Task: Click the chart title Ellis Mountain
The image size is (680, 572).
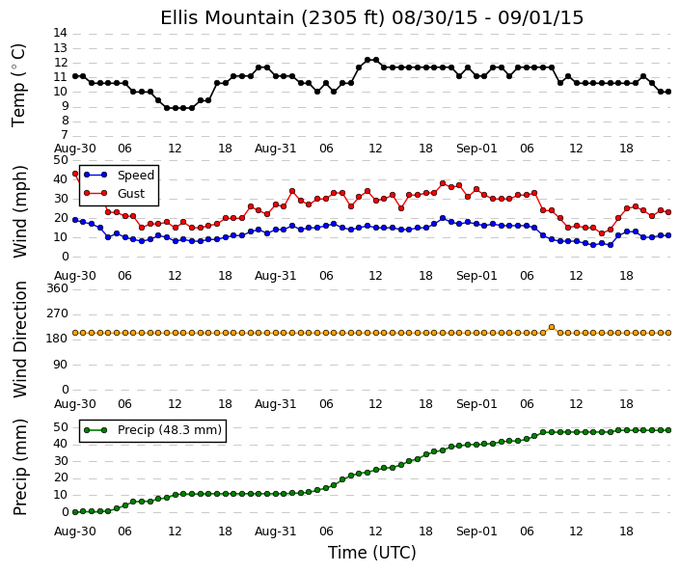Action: pyautogui.click(x=230, y=18)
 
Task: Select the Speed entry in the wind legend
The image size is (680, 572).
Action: pyautogui.click(x=119, y=176)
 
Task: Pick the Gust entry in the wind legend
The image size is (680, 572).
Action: pyautogui.click(x=114, y=194)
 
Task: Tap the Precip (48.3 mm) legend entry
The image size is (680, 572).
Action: pyautogui.click(x=152, y=430)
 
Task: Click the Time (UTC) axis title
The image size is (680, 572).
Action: pyautogui.click(x=371, y=553)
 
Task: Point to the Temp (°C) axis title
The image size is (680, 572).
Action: pyautogui.click(x=19, y=86)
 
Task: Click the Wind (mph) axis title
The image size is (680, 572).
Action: pyautogui.click(x=20, y=211)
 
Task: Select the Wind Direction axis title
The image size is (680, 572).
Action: pyautogui.click(x=20, y=340)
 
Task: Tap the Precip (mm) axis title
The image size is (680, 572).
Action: pyautogui.click(x=20, y=467)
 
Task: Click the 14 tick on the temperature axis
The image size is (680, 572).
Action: pyautogui.click(x=60, y=33)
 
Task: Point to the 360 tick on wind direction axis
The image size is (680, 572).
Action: pyautogui.click(x=58, y=288)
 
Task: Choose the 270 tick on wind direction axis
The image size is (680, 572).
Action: pyautogui.click(x=58, y=313)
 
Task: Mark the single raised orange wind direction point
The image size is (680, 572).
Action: pyautogui.click(x=552, y=327)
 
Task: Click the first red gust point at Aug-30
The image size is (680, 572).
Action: pyautogui.click(x=75, y=174)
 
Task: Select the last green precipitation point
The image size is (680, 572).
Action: pyautogui.click(x=668, y=430)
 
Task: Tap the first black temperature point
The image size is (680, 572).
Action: pyautogui.click(x=75, y=76)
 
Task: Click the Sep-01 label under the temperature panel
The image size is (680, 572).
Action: pyautogui.click(x=476, y=149)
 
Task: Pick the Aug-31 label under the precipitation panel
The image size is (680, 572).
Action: pyautogui.click(x=276, y=531)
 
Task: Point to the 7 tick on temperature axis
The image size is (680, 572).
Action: pyautogui.click(x=65, y=135)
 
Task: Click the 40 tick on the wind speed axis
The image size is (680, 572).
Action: pyautogui.click(x=62, y=179)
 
